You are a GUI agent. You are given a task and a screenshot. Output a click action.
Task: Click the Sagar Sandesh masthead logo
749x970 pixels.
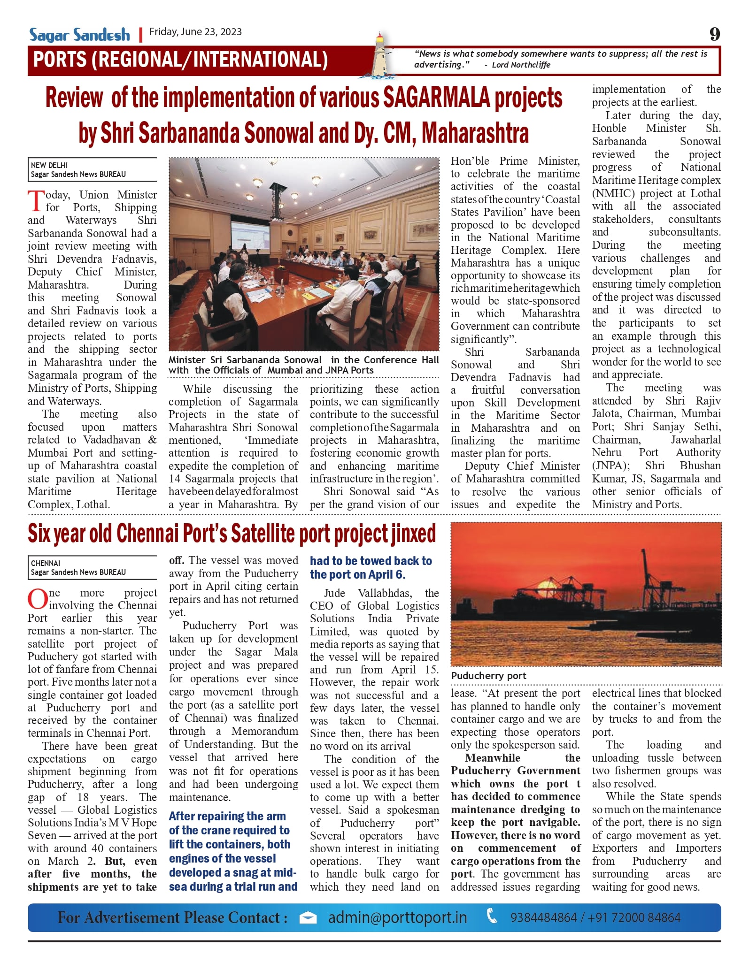click(79, 35)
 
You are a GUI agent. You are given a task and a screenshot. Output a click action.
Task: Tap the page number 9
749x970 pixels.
click(714, 34)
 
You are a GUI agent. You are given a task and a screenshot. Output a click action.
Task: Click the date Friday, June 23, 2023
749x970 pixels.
click(195, 32)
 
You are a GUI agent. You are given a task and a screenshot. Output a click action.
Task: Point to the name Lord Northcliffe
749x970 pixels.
click(521, 65)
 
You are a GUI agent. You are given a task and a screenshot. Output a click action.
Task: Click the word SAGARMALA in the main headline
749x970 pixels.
click(437, 98)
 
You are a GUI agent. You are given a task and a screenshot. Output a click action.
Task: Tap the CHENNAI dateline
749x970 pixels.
click(46, 563)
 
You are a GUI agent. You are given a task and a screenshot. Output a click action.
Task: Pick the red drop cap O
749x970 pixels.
click(37, 599)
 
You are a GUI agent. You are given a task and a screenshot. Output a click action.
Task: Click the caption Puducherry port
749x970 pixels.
click(488, 676)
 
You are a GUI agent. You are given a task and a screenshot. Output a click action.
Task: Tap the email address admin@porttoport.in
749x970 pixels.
click(397, 917)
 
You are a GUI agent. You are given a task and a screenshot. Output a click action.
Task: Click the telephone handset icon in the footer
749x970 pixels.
click(492, 917)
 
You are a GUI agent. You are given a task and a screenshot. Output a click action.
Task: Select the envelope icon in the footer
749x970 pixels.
click(308, 918)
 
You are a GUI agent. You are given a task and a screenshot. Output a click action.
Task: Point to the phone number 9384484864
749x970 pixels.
click(543, 917)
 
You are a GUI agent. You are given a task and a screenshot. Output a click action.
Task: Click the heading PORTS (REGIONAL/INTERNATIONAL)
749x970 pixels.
click(180, 60)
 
